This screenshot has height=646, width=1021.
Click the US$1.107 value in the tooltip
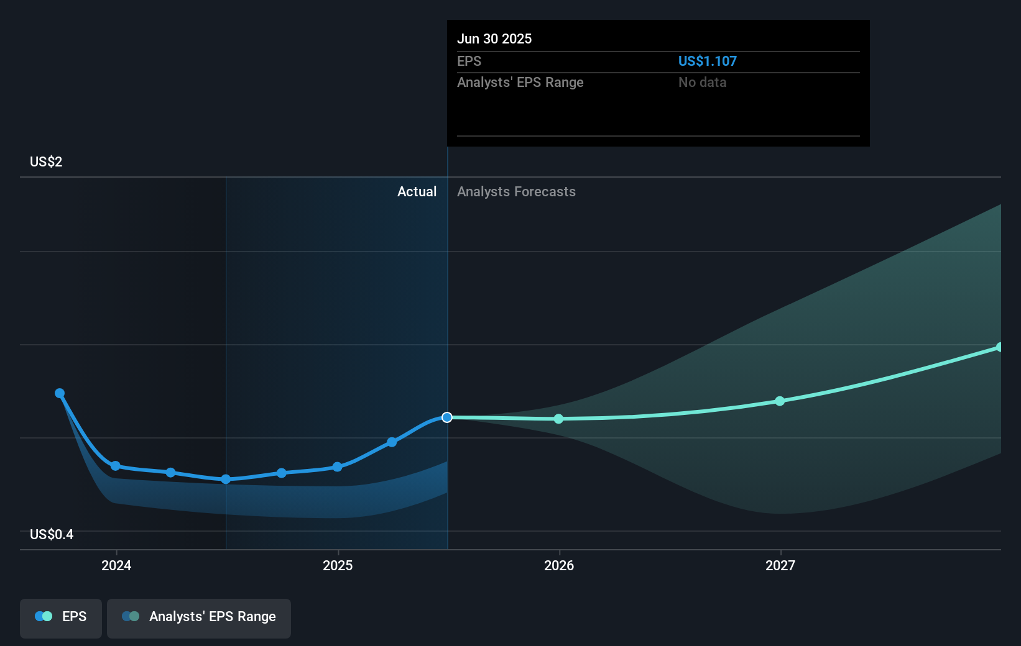(x=707, y=61)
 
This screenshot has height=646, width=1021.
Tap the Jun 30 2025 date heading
(x=494, y=39)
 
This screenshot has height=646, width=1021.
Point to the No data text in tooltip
(x=702, y=83)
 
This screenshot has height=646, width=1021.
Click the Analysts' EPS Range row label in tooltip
(x=520, y=83)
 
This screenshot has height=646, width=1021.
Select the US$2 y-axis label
(x=46, y=162)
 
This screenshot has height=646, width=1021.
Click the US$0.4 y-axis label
(x=52, y=535)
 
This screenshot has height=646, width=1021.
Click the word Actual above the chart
(x=417, y=192)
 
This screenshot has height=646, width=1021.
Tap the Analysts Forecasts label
(x=516, y=192)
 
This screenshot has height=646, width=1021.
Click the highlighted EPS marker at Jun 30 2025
(x=447, y=417)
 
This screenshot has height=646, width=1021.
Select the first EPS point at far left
(x=60, y=393)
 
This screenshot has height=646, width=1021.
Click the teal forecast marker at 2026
(x=558, y=419)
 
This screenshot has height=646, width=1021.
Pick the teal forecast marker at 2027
(x=780, y=401)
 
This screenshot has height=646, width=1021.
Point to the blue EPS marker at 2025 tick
(x=337, y=467)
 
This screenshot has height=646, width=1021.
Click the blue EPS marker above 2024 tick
(x=116, y=466)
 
